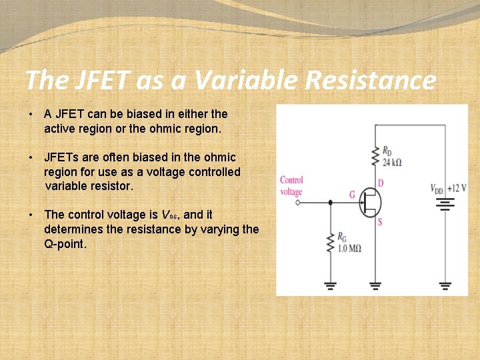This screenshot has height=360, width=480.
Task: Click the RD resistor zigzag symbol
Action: (375, 157)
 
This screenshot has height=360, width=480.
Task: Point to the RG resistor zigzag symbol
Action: (330, 243)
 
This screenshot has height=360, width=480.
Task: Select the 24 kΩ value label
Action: (391, 162)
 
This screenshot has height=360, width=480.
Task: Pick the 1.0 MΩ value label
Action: (349, 249)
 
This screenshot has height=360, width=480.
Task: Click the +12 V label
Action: (457, 189)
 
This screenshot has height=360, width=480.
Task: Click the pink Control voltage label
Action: (291, 186)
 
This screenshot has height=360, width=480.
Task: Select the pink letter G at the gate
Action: (351, 195)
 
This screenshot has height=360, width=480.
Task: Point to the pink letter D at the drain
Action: (381, 182)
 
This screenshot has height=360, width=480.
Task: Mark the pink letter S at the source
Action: (380, 222)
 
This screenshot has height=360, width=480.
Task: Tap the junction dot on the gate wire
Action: (330, 202)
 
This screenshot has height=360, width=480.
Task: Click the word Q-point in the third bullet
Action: (65, 244)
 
